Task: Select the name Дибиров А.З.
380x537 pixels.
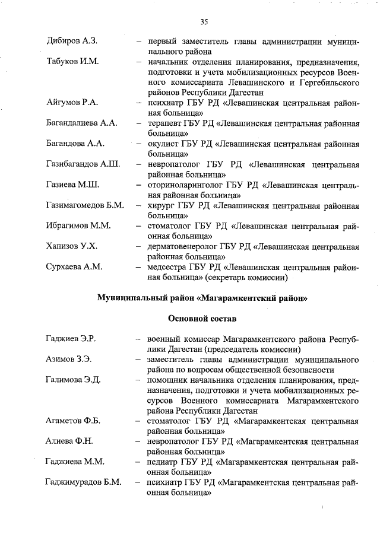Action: coord(72,42)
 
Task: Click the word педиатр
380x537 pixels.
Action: coord(166,462)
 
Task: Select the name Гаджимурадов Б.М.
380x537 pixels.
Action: coord(84,482)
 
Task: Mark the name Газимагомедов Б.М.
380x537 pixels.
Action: coord(85,205)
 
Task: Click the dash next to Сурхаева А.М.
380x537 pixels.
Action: coord(138,266)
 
